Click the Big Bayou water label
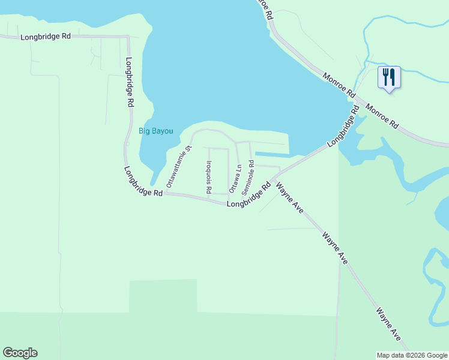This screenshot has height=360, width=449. (x=156, y=131)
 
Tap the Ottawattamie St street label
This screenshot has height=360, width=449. (x=178, y=166)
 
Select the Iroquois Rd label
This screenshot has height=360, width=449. (x=208, y=177)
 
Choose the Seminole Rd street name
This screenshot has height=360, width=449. (x=248, y=178)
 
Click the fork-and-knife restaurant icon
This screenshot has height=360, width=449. (x=389, y=77)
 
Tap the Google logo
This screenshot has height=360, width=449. (x=20, y=353)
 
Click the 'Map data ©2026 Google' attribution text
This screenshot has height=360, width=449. (x=412, y=355)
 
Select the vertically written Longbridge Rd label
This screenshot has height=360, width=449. (x=129, y=82)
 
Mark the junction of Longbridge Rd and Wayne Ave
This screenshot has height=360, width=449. (x=272, y=179)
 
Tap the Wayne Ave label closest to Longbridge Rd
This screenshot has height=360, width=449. (x=289, y=198)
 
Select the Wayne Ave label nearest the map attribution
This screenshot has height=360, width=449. (x=388, y=324)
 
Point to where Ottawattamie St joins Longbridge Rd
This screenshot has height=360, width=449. (x=164, y=194)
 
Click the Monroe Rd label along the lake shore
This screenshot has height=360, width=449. (x=339, y=86)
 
